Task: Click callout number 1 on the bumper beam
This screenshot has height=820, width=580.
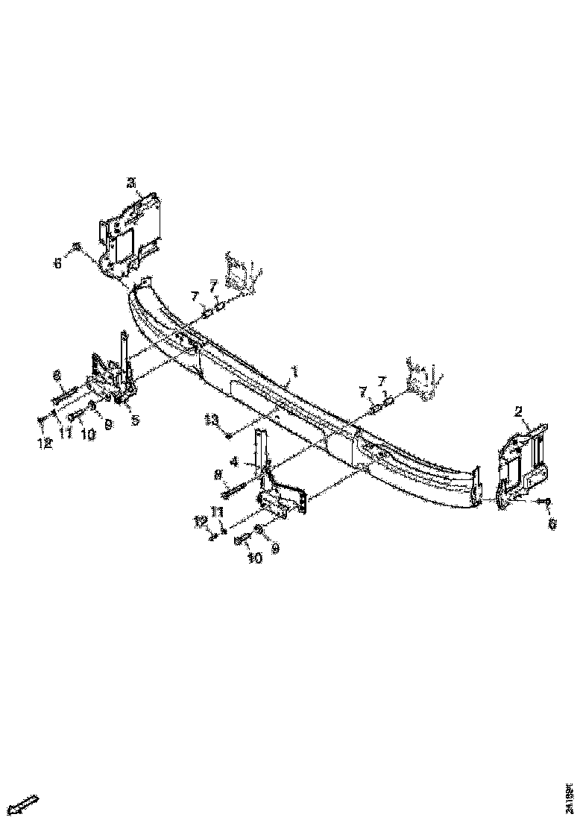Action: [294, 370]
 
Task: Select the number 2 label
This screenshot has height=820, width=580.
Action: [518, 410]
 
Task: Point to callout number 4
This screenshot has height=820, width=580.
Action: [234, 461]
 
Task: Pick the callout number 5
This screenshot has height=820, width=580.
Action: [135, 420]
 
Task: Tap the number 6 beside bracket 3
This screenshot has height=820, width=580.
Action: [57, 262]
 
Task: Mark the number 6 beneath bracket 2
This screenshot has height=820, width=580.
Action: [552, 525]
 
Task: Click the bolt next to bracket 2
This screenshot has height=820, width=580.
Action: [546, 502]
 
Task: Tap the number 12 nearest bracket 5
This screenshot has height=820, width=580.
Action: [44, 443]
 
